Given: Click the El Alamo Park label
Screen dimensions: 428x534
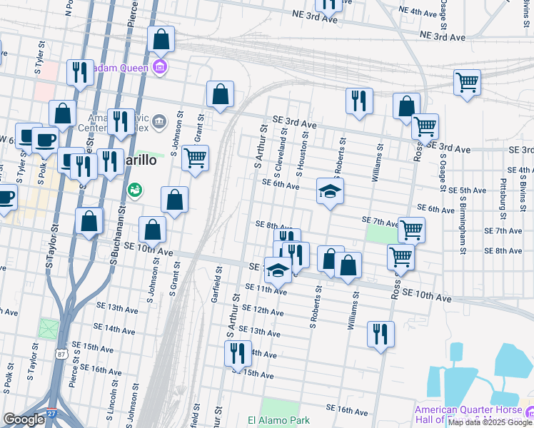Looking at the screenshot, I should (x=278, y=420).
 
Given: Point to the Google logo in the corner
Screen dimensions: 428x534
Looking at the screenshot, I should (x=24, y=419).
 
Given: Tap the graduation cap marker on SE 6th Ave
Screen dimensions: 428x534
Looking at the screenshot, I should (x=330, y=192).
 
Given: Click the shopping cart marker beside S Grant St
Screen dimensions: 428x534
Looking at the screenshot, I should (x=195, y=158).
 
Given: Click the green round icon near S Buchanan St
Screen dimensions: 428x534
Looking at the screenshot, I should (x=133, y=190).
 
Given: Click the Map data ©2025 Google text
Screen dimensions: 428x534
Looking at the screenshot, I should (x=490, y=422).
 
